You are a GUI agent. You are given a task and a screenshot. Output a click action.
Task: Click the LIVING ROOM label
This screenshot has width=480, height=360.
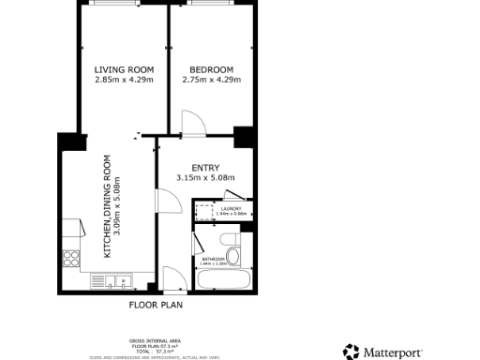[x=124, y=69]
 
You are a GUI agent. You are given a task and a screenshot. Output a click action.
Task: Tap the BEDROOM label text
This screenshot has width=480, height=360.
[x=211, y=69]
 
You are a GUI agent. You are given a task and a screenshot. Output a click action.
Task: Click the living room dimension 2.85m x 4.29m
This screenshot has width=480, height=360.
[x=124, y=80]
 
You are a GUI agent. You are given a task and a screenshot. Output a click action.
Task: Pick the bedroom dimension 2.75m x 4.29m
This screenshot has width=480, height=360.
[x=211, y=80]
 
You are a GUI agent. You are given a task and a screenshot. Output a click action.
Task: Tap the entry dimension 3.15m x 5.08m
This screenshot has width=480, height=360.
[x=204, y=178]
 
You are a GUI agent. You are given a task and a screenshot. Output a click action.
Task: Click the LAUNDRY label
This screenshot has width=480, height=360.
[x=232, y=208]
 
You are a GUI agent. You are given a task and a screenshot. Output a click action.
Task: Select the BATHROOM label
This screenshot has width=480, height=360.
[x=214, y=259]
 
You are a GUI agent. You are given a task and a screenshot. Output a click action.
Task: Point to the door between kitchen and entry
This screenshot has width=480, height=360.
[x=166, y=202]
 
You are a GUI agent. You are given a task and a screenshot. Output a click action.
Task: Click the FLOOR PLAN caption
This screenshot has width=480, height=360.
[x=156, y=305]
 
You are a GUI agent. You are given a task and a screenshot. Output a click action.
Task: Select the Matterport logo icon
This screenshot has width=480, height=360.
[x=352, y=352]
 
